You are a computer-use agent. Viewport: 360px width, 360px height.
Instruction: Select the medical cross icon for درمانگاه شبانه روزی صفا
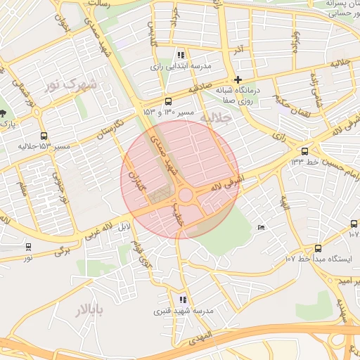click(238, 79)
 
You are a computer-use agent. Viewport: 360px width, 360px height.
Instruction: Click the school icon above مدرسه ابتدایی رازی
click(181, 55)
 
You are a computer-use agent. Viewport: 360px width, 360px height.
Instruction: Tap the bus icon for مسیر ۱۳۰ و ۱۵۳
click(167, 101)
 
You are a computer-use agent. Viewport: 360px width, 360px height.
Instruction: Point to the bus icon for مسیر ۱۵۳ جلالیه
click(44, 136)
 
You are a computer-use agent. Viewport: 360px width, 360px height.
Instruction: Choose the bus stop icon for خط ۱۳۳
click(304, 151)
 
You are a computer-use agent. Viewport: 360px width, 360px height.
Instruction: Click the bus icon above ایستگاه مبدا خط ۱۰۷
click(319, 248)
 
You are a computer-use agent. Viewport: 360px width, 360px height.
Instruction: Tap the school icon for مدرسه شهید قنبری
click(183, 300)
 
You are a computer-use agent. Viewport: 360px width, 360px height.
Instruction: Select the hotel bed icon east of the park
click(262, 227)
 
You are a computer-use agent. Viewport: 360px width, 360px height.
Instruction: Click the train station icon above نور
click(28, 247)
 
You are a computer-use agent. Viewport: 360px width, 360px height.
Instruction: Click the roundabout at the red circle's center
click(186, 195)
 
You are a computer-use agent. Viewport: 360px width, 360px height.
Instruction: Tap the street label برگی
click(63, 249)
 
